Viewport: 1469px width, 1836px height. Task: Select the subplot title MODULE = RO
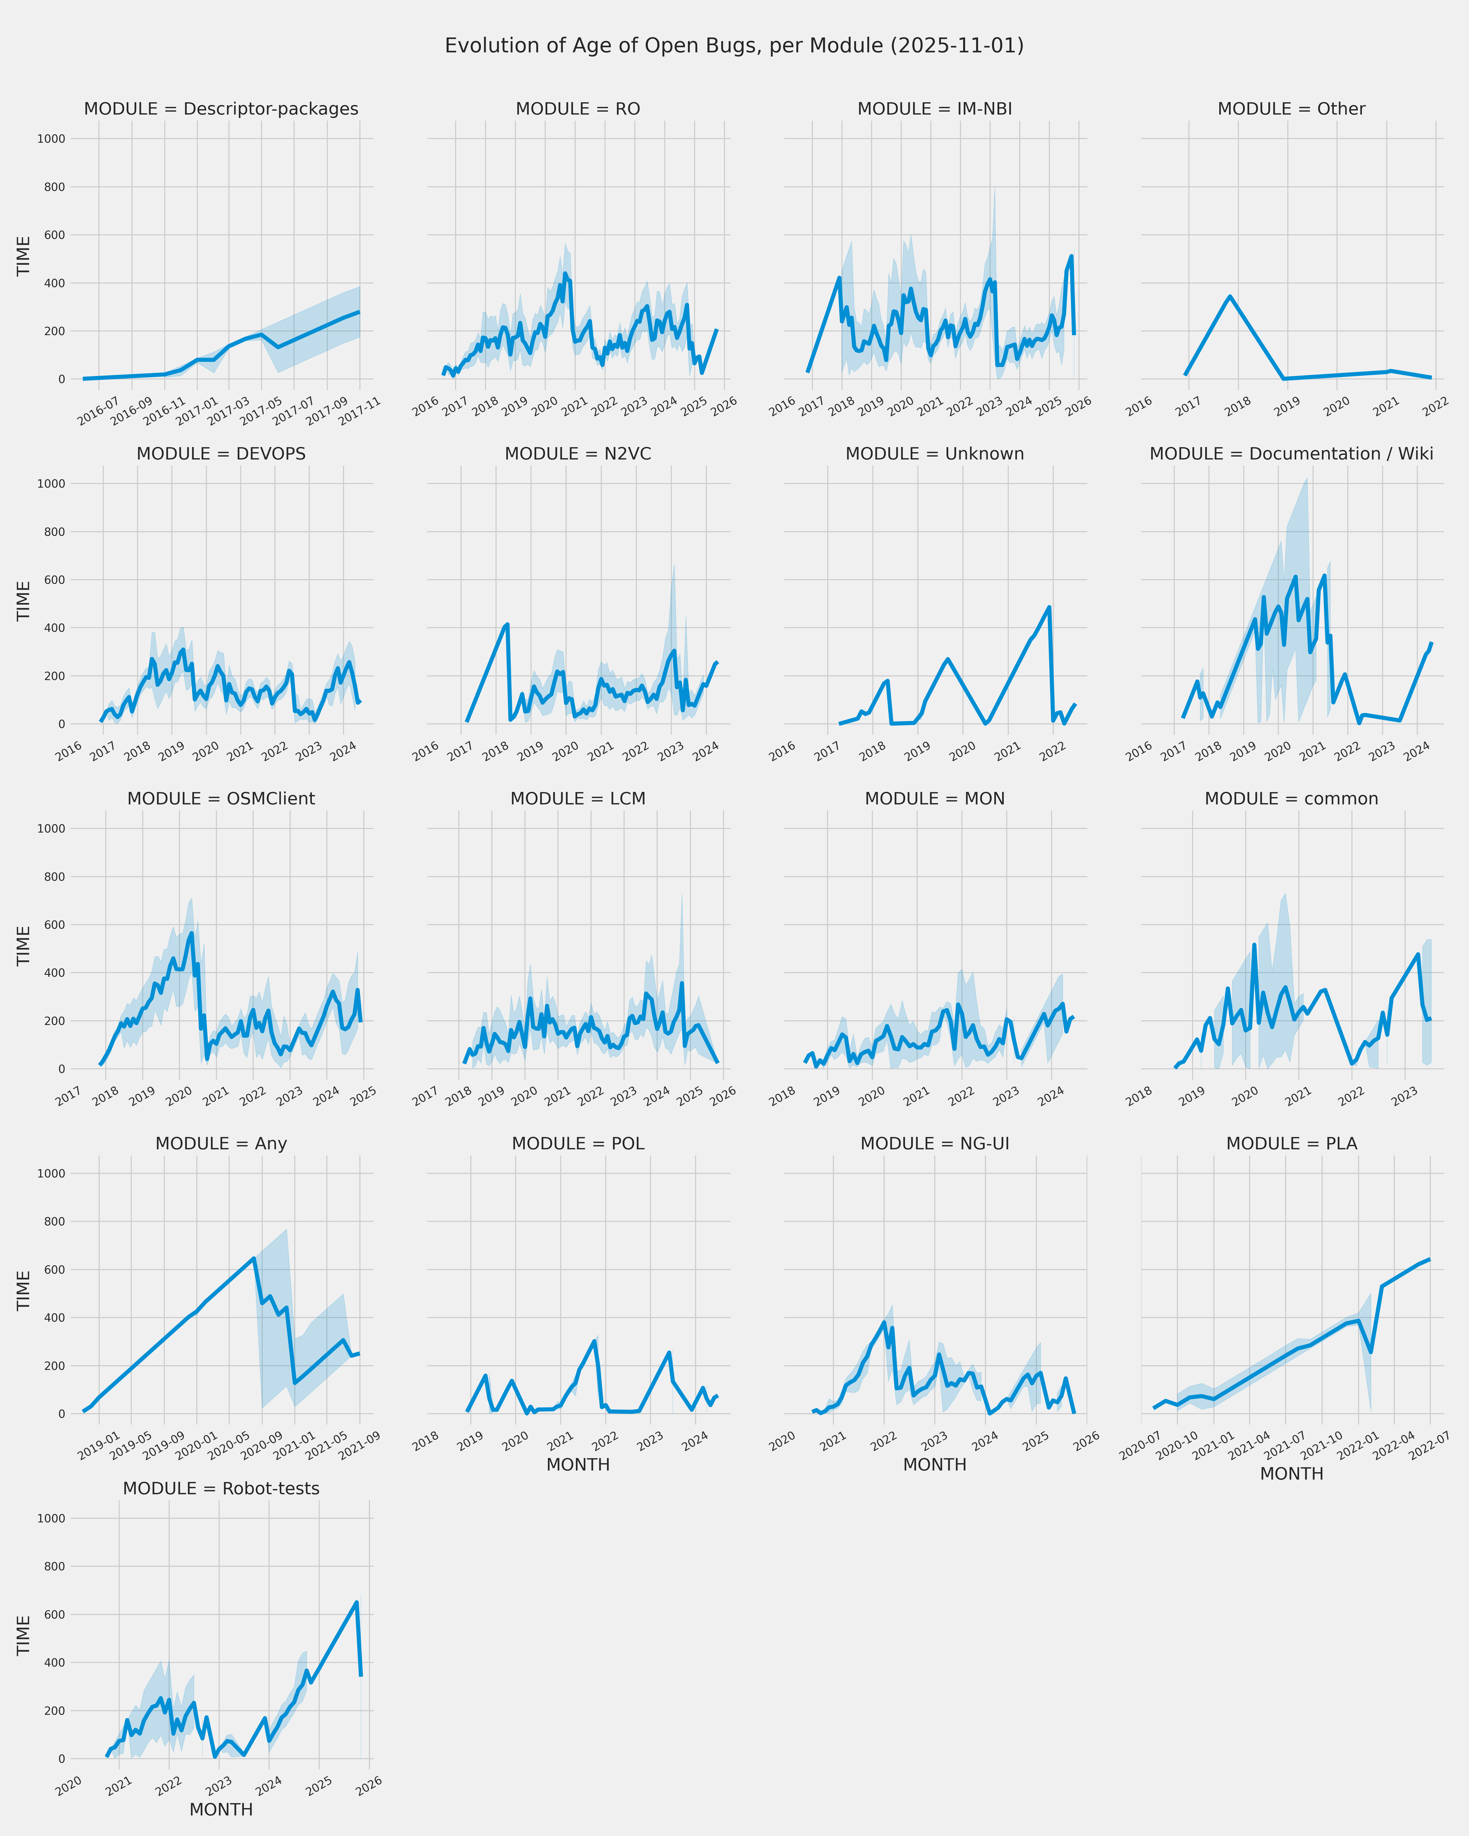[577, 109]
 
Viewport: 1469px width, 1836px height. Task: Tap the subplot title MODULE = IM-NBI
[934, 109]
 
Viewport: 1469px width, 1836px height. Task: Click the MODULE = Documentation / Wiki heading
[1291, 454]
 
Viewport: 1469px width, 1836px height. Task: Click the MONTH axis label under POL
[577, 1465]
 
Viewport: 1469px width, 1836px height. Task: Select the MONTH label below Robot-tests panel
[221, 1810]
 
